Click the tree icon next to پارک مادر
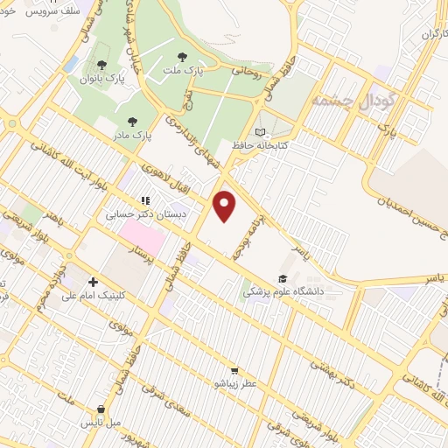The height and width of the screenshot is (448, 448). coord(132,122)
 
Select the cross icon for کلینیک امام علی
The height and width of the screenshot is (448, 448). coord(93,282)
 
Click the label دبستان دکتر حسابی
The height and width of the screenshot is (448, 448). coord(136,213)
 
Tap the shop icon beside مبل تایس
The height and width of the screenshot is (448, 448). coord(102,409)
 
